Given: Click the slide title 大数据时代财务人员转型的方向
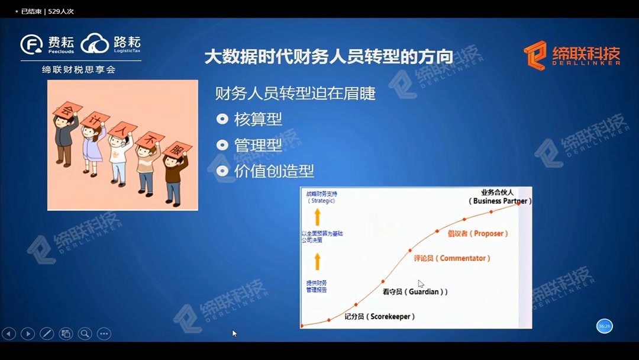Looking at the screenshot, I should pos(328,57).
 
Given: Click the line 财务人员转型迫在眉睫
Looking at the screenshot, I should pos(295,94).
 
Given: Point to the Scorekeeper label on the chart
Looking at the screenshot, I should pos(380,317).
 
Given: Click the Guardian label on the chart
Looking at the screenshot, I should pos(415,292).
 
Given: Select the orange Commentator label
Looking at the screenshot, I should pos(452,258).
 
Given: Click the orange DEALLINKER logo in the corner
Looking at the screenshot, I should pos(572,55).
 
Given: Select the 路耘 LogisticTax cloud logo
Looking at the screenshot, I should pos(111,44).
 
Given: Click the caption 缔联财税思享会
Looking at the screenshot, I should pos(79,70).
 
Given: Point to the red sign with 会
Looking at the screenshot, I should pos(67,110).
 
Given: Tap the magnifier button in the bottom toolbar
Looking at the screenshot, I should pos(85,333).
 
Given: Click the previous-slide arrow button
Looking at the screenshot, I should pos(9,333).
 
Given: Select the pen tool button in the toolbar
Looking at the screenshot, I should pos(47,333).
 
